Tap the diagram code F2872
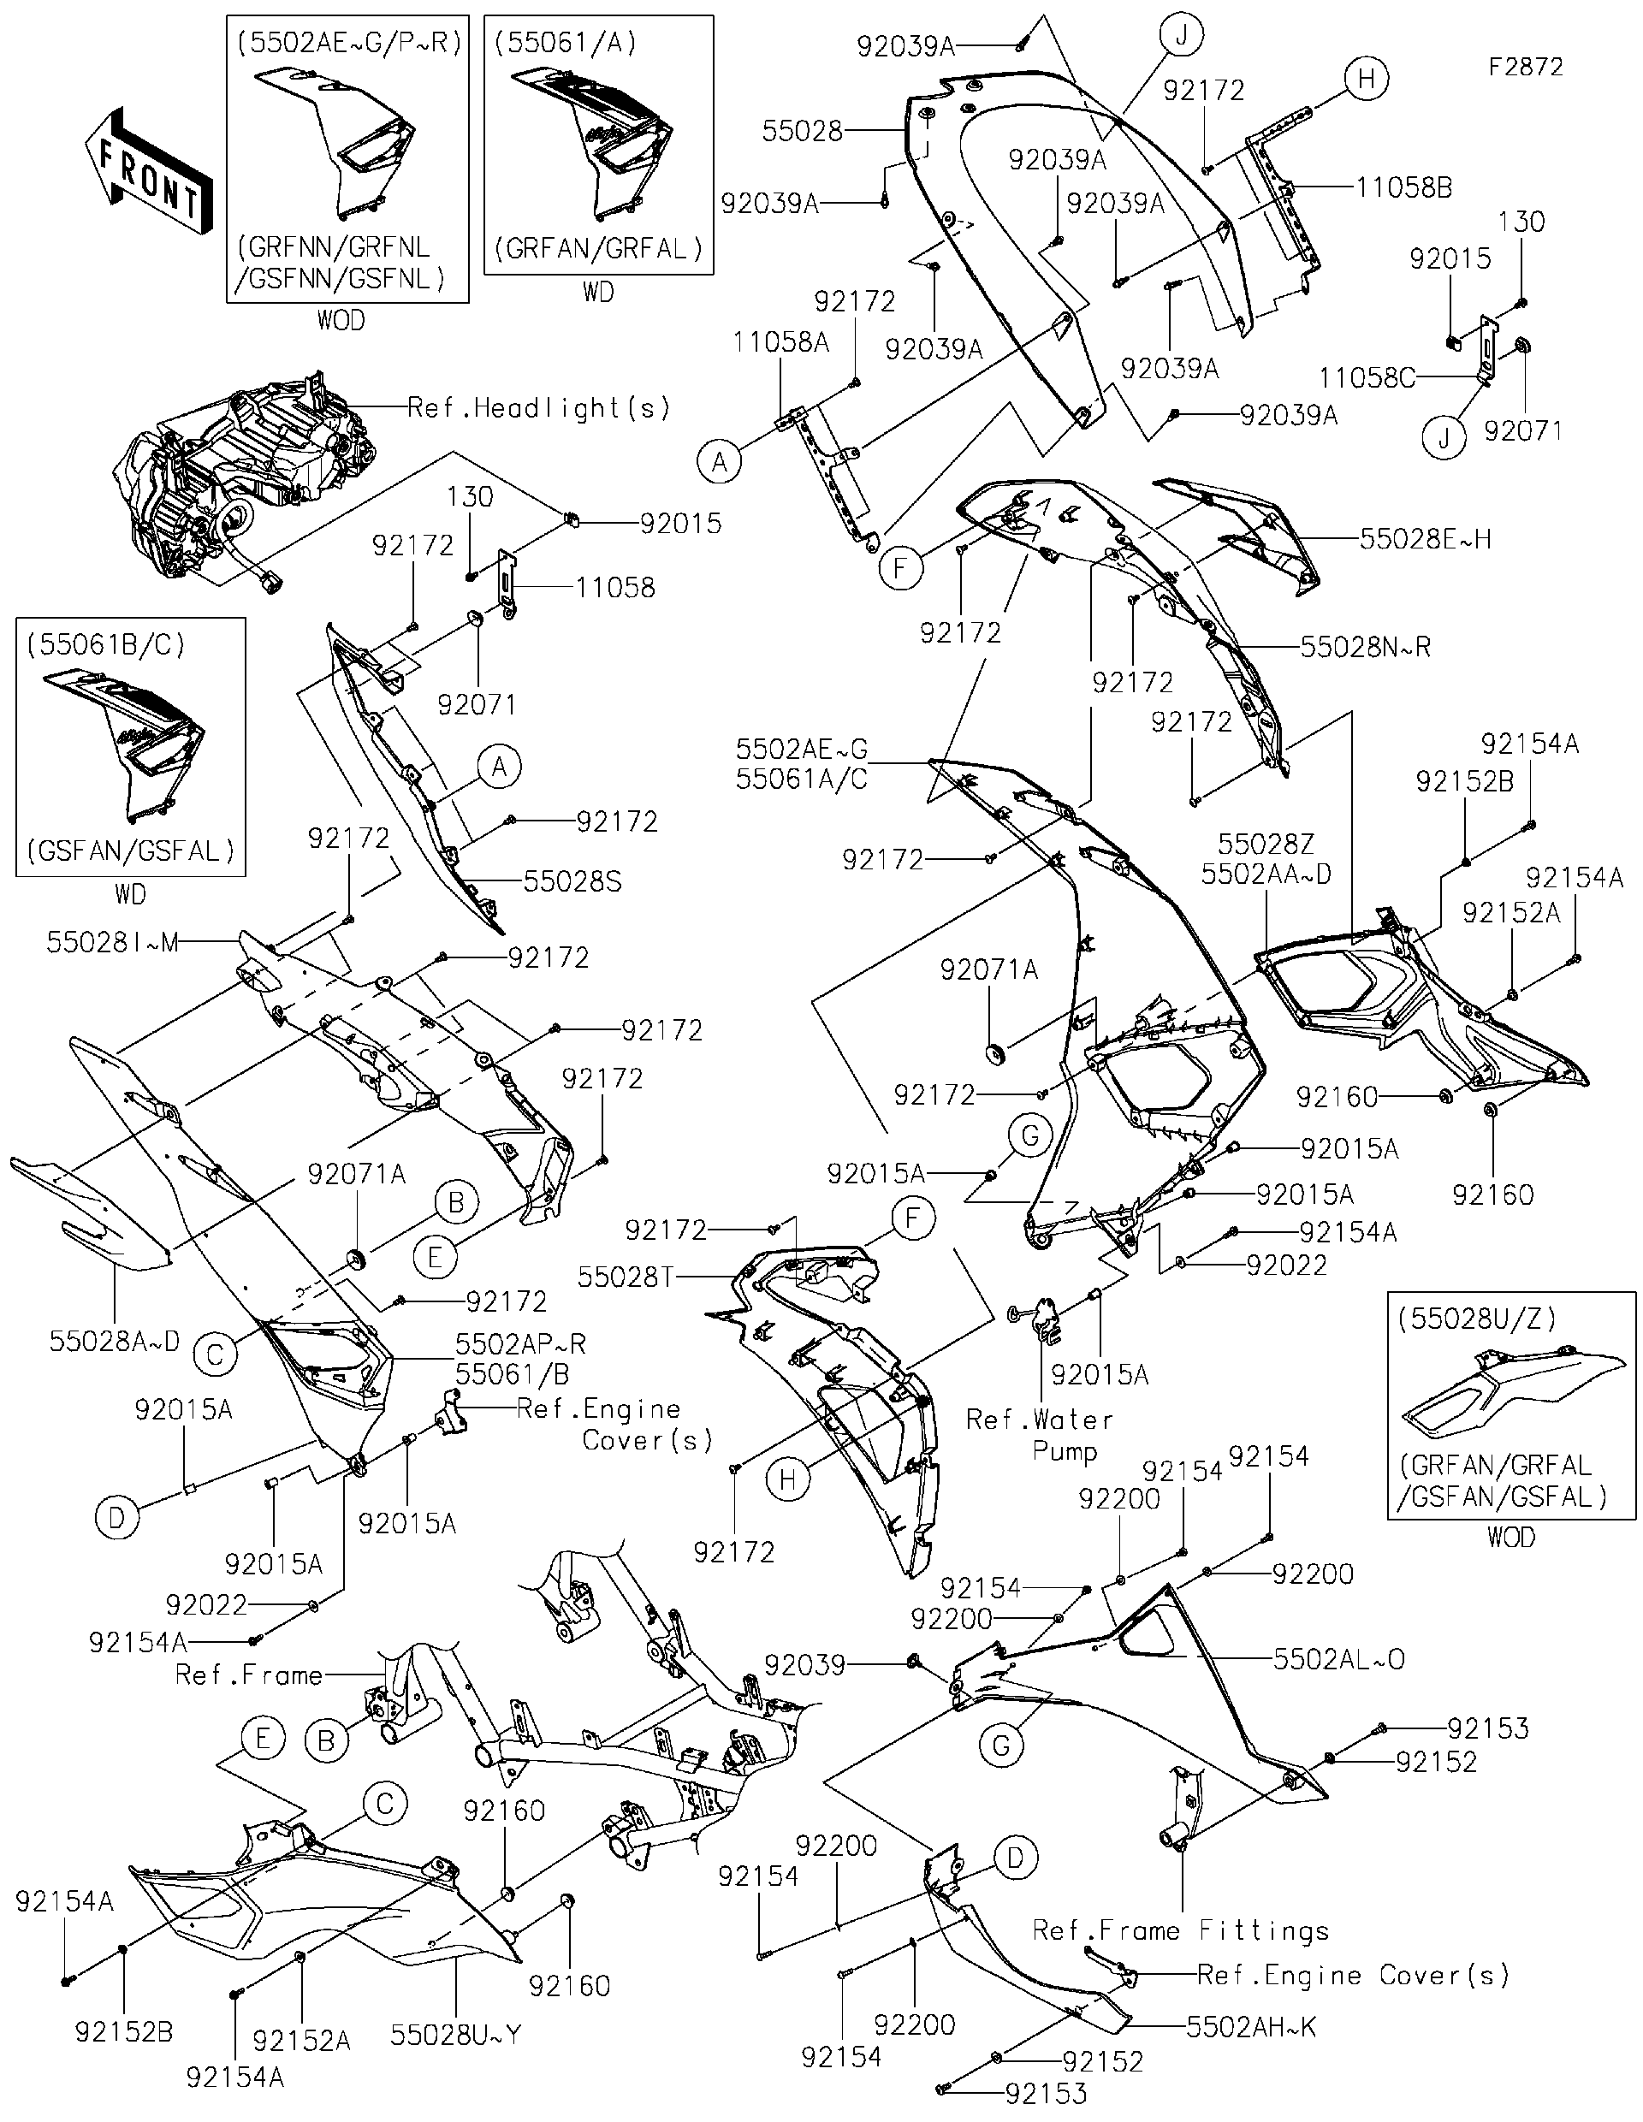(1527, 67)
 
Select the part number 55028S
(572, 881)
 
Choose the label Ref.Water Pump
(1039, 1435)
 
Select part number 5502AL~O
(1339, 1658)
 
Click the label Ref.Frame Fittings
(1181, 1929)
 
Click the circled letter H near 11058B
(1366, 78)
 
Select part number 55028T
(625, 1277)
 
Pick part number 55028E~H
(1425, 539)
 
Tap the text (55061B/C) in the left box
(106, 644)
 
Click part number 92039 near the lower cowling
(804, 1665)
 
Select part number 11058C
(1366, 377)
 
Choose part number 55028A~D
(115, 1341)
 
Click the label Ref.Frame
(249, 1675)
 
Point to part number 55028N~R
(1365, 647)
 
